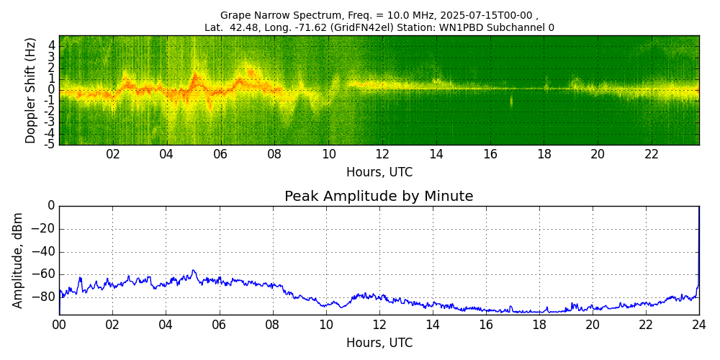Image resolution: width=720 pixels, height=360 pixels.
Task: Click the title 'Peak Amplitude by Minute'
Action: pyautogui.click(x=379, y=197)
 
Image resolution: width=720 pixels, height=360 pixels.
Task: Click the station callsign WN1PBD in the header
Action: pyautogui.click(x=484, y=28)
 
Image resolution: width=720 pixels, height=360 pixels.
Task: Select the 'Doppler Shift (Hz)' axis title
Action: pyautogui.click(x=31, y=91)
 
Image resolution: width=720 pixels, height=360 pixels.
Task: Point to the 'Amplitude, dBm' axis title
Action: pyautogui.click(x=19, y=260)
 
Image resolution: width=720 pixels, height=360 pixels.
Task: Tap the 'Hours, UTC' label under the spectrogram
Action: pyautogui.click(x=379, y=173)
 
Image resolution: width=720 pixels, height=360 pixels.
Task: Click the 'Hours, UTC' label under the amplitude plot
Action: pyautogui.click(x=379, y=343)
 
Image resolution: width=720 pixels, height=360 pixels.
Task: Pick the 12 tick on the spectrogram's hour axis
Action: pyautogui.click(x=382, y=154)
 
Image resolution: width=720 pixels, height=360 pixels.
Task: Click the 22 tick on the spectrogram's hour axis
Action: pyautogui.click(x=652, y=154)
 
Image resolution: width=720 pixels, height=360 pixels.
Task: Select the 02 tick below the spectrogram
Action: pyautogui.click(x=113, y=154)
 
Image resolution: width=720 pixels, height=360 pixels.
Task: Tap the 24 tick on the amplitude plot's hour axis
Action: pyautogui.click(x=699, y=324)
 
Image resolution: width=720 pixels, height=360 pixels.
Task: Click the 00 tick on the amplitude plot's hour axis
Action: pyautogui.click(x=59, y=324)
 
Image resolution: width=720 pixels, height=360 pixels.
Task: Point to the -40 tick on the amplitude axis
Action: pyautogui.click(x=45, y=252)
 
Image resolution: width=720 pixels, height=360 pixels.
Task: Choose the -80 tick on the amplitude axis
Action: pyautogui.click(x=45, y=297)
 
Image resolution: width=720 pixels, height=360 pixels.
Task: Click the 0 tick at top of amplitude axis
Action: pyautogui.click(x=51, y=206)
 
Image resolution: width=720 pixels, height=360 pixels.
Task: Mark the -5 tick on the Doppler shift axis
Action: pyautogui.click(x=50, y=144)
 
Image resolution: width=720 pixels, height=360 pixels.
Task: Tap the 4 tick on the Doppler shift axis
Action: pyautogui.click(x=52, y=45)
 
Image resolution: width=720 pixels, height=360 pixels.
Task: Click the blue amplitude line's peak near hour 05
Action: pyautogui.click(x=193, y=271)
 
